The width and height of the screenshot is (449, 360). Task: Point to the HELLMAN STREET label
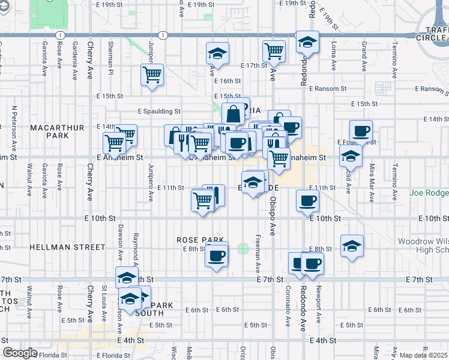click(58, 247)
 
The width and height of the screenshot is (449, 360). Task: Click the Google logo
click(20, 353)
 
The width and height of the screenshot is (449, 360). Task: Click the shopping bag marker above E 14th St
click(234, 113)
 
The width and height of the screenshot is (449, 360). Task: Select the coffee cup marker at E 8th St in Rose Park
click(216, 256)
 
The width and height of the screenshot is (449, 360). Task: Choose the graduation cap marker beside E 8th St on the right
click(352, 246)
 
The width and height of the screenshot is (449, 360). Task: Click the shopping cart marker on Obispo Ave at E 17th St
click(274, 52)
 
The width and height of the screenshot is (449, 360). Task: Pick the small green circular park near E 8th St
click(243, 248)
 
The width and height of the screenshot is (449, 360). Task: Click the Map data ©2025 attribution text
click(423, 355)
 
